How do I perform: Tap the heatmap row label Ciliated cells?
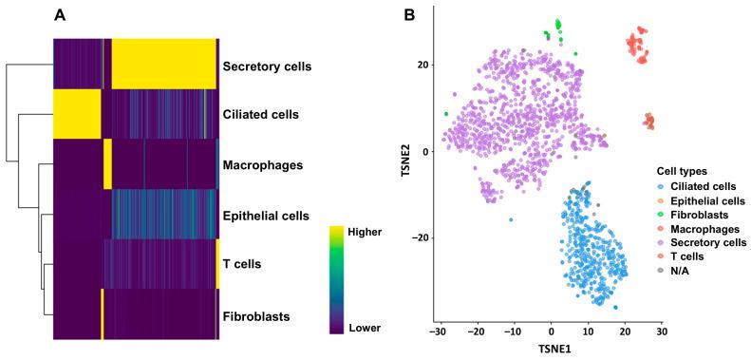[x=260, y=115]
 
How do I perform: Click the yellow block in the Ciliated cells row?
[x=77, y=114]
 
